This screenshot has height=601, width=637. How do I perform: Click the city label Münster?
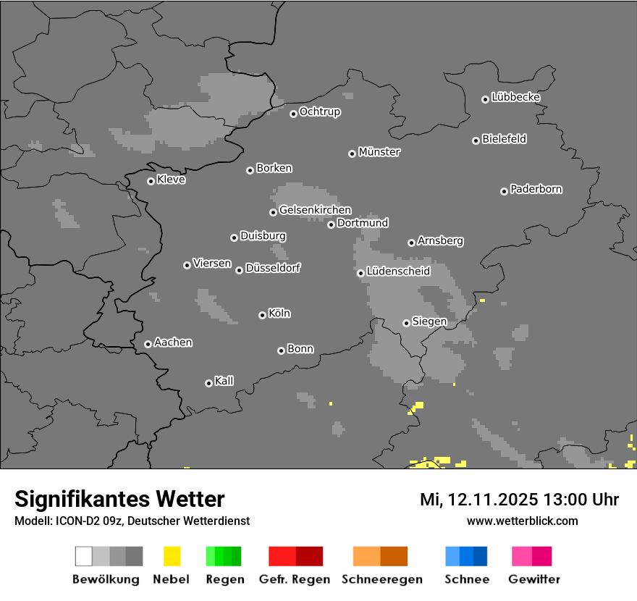point(379,152)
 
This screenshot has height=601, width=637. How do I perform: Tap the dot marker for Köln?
point(262,315)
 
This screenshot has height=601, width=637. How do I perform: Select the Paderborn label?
point(536,189)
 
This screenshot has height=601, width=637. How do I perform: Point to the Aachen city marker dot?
point(148,344)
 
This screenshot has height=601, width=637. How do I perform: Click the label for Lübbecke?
point(516,97)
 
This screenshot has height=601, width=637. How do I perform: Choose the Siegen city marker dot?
point(406,323)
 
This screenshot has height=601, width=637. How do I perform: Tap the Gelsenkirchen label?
point(315,210)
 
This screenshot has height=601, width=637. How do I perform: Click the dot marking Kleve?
point(151,181)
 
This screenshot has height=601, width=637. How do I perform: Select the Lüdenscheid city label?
point(398,272)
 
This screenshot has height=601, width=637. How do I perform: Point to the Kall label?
point(224,381)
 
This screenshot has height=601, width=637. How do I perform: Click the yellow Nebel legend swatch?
point(172,556)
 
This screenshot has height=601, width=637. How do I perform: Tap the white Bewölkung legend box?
point(83,556)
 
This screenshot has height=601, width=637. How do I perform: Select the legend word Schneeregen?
point(381,579)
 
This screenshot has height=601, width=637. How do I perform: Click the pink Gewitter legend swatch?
point(521,556)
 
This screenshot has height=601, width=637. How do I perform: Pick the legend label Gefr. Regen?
point(294,579)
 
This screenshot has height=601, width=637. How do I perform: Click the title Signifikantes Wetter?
point(119,499)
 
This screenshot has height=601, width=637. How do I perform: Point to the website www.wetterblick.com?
point(523,521)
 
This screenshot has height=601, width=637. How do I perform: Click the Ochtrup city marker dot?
point(293,113)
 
